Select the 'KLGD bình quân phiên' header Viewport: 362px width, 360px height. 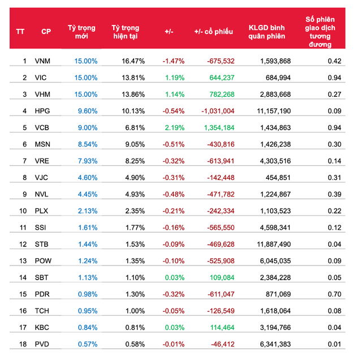[x=266, y=32]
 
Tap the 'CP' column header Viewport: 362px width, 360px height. [x=46, y=32]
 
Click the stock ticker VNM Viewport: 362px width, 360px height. [x=42, y=61]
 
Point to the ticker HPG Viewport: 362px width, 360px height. [x=42, y=110]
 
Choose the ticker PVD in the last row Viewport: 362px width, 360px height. [x=42, y=344]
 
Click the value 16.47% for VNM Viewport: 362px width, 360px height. [x=133, y=61]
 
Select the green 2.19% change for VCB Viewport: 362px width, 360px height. [x=173, y=127]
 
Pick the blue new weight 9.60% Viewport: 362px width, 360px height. [x=87, y=110]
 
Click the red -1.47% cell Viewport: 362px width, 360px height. [x=173, y=61]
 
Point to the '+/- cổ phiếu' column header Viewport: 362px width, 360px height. [x=213, y=32]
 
